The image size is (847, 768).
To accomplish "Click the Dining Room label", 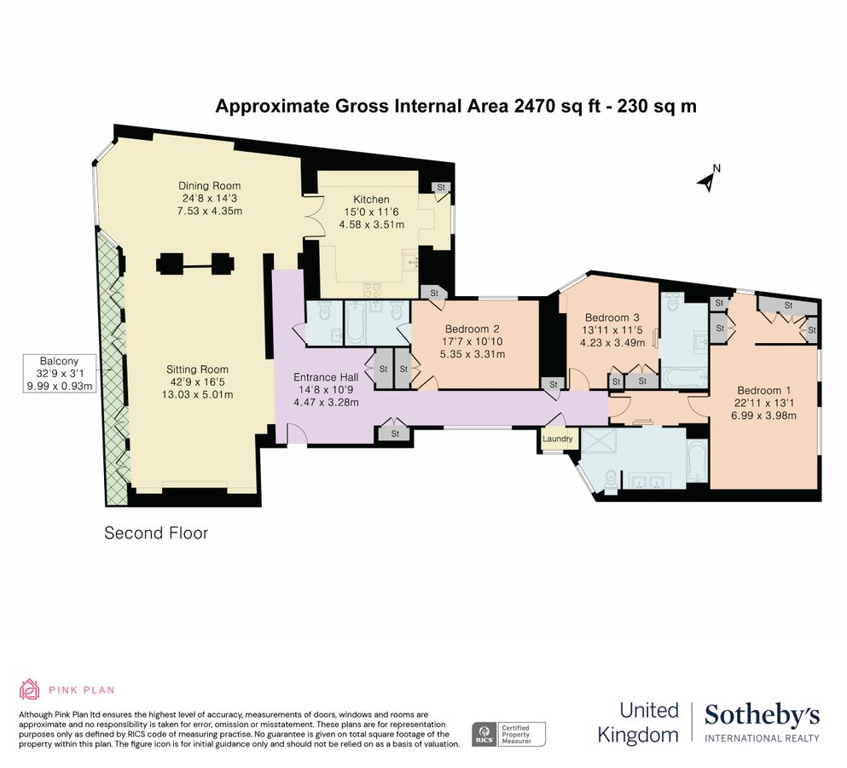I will (x=209, y=186).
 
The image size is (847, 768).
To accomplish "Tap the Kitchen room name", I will (x=371, y=199).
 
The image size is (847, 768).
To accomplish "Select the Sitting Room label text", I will (x=199, y=369).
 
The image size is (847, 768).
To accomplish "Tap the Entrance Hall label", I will (x=326, y=377).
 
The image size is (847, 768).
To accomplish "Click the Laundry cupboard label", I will (x=559, y=439).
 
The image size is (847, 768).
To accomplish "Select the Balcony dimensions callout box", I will (x=58, y=373).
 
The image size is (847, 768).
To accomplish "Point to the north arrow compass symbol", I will (x=708, y=178).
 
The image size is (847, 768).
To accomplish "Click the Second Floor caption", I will (x=156, y=533).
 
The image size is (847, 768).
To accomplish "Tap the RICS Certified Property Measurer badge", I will (x=509, y=734).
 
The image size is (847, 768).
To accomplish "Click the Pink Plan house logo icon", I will (x=30, y=689).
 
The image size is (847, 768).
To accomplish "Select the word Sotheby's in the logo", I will (x=762, y=715).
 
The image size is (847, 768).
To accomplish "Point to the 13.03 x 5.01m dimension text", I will (x=199, y=394).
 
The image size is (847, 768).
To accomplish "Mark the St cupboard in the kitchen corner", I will (x=441, y=187).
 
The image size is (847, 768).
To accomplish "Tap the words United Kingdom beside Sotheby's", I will (x=638, y=722).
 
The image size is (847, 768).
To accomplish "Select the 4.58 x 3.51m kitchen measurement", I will (x=371, y=224).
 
